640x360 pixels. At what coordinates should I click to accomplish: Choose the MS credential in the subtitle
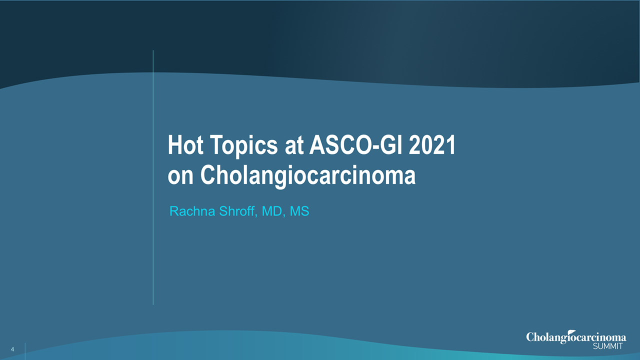click(x=299, y=211)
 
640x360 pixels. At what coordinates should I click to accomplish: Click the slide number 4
click(x=11, y=348)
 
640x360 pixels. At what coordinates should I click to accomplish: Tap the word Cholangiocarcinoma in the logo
click(x=575, y=338)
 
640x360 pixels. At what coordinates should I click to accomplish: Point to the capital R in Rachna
click(x=173, y=211)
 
